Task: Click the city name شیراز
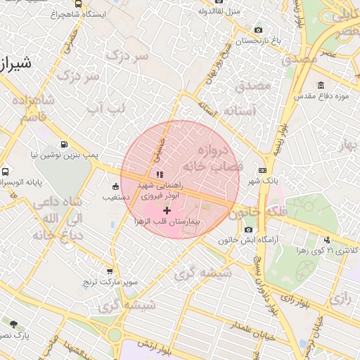[14, 65]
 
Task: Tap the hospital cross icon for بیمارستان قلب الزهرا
[167, 210]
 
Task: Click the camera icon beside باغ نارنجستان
[259, 30]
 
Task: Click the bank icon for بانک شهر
[262, 170]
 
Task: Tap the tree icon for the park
[13, 323]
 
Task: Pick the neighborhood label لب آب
[105, 107]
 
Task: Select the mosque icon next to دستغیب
[115, 186]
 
